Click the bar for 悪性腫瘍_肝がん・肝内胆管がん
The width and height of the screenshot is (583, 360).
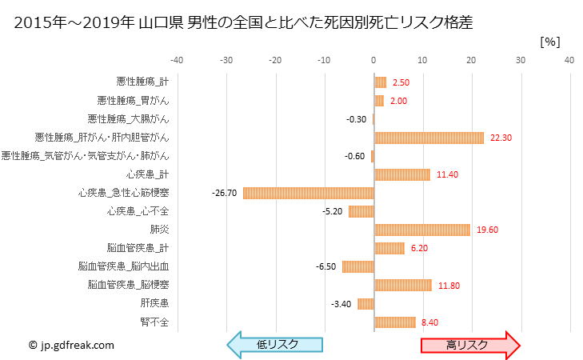pyautogui.click(x=429, y=138)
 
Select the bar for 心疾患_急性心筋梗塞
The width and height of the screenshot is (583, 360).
pyautogui.click(x=308, y=193)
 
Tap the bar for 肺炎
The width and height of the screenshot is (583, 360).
pyautogui.click(x=421, y=230)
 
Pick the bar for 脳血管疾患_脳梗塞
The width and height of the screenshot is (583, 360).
pyautogui.click(x=402, y=285)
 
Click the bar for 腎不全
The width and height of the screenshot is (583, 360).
pyautogui.click(x=394, y=322)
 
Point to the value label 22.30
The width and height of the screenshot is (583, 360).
pyautogui.click(x=501, y=138)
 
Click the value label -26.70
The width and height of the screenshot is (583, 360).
pyautogui.click(x=225, y=193)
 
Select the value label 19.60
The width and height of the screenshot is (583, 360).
pyautogui.click(x=487, y=230)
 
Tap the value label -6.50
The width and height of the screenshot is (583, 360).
pyautogui.click(x=326, y=266)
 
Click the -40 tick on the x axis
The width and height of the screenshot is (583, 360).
pyautogui.click(x=177, y=59)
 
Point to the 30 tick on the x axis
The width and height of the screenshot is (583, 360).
pyautogui.click(x=521, y=59)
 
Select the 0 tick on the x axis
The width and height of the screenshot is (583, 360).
pyautogui.click(x=373, y=59)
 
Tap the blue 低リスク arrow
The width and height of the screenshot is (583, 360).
pyautogui.click(x=276, y=344)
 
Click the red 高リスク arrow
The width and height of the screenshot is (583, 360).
pyautogui.click(x=470, y=344)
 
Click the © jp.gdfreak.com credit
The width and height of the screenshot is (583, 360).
pyautogui.click(x=71, y=345)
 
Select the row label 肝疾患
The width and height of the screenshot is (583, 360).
pyautogui.click(x=154, y=304)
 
